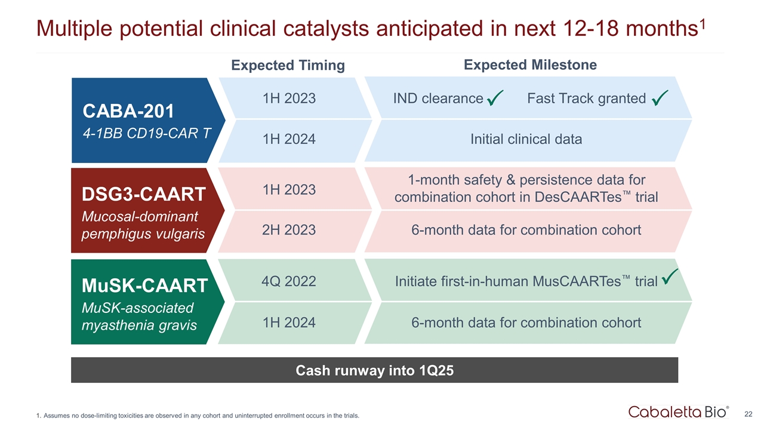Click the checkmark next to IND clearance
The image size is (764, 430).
[495, 99]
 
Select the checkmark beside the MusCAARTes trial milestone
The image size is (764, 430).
[670, 277]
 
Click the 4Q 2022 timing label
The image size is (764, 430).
[289, 281]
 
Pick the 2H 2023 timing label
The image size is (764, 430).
[289, 230]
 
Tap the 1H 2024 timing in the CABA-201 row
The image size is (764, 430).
[289, 140]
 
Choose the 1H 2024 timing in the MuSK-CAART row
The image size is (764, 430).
[289, 323]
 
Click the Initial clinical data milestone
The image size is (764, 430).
[526, 140]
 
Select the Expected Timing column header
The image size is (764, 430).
[288, 66]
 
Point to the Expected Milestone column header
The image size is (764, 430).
[530, 65]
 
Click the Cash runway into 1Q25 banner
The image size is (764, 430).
[374, 370]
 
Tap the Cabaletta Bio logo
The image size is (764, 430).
[678, 411]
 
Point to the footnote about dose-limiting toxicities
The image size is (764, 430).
[198, 416]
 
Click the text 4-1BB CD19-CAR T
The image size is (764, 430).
[147, 133]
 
